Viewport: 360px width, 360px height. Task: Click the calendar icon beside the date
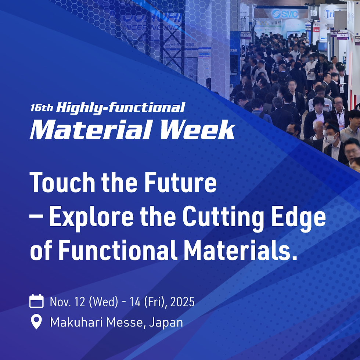click(36, 302)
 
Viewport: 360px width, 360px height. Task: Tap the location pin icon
click(36, 322)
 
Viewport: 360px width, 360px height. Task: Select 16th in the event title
click(42, 108)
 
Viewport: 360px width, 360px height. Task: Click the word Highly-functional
click(120, 108)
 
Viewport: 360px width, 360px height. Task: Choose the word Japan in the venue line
click(166, 322)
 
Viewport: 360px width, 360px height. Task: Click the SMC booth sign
click(284, 14)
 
